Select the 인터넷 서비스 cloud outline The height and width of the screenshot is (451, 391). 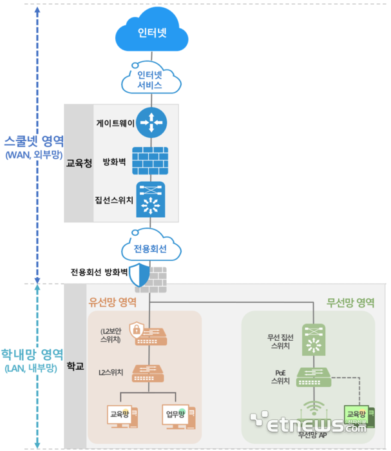point(150,79)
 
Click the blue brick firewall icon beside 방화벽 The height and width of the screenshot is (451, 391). point(150,160)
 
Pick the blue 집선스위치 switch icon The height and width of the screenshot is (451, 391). point(150,200)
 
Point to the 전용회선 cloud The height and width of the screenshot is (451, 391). point(150,248)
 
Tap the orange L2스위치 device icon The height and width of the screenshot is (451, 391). point(149,372)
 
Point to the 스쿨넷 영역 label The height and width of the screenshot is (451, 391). point(33,141)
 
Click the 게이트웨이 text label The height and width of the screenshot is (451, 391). point(114,122)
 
